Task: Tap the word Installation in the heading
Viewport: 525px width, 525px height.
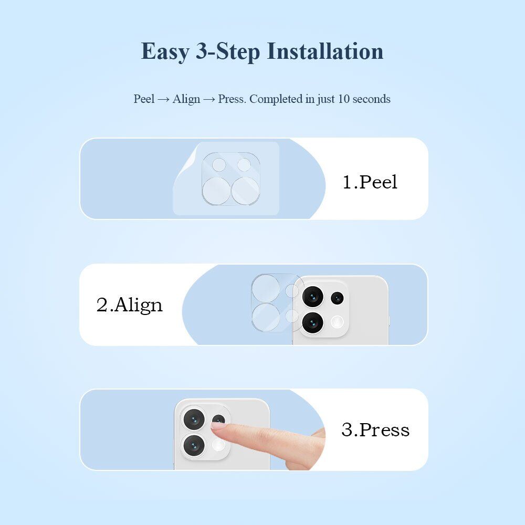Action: click(x=325, y=51)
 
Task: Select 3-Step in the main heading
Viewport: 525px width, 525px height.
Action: click(x=228, y=52)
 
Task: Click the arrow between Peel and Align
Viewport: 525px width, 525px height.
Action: click(x=163, y=99)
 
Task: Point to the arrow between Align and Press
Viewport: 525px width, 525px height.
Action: click(x=209, y=99)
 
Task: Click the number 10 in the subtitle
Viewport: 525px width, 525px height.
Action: click(x=344, y=99)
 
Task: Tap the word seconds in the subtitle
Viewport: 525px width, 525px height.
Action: click(x=372, y=99)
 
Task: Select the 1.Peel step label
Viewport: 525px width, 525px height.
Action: click(x=370, y=182)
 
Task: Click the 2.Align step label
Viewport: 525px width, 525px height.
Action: click(x=130, y=305)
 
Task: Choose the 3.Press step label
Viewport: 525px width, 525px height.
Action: click(x=375, y=429)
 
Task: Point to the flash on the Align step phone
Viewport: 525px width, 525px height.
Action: click(x=337, y=322)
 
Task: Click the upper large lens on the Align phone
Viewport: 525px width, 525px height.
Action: click(x=313, y=297)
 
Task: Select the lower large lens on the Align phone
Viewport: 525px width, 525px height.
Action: click(x=313, y=323)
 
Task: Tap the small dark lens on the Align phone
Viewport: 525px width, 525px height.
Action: click(x=337, y=298)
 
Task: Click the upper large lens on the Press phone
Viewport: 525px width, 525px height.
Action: click(x=194, y=419)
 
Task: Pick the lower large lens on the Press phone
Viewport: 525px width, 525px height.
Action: click(x=194, y=445)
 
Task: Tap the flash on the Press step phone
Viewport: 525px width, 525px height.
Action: click(x=218, y=445)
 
